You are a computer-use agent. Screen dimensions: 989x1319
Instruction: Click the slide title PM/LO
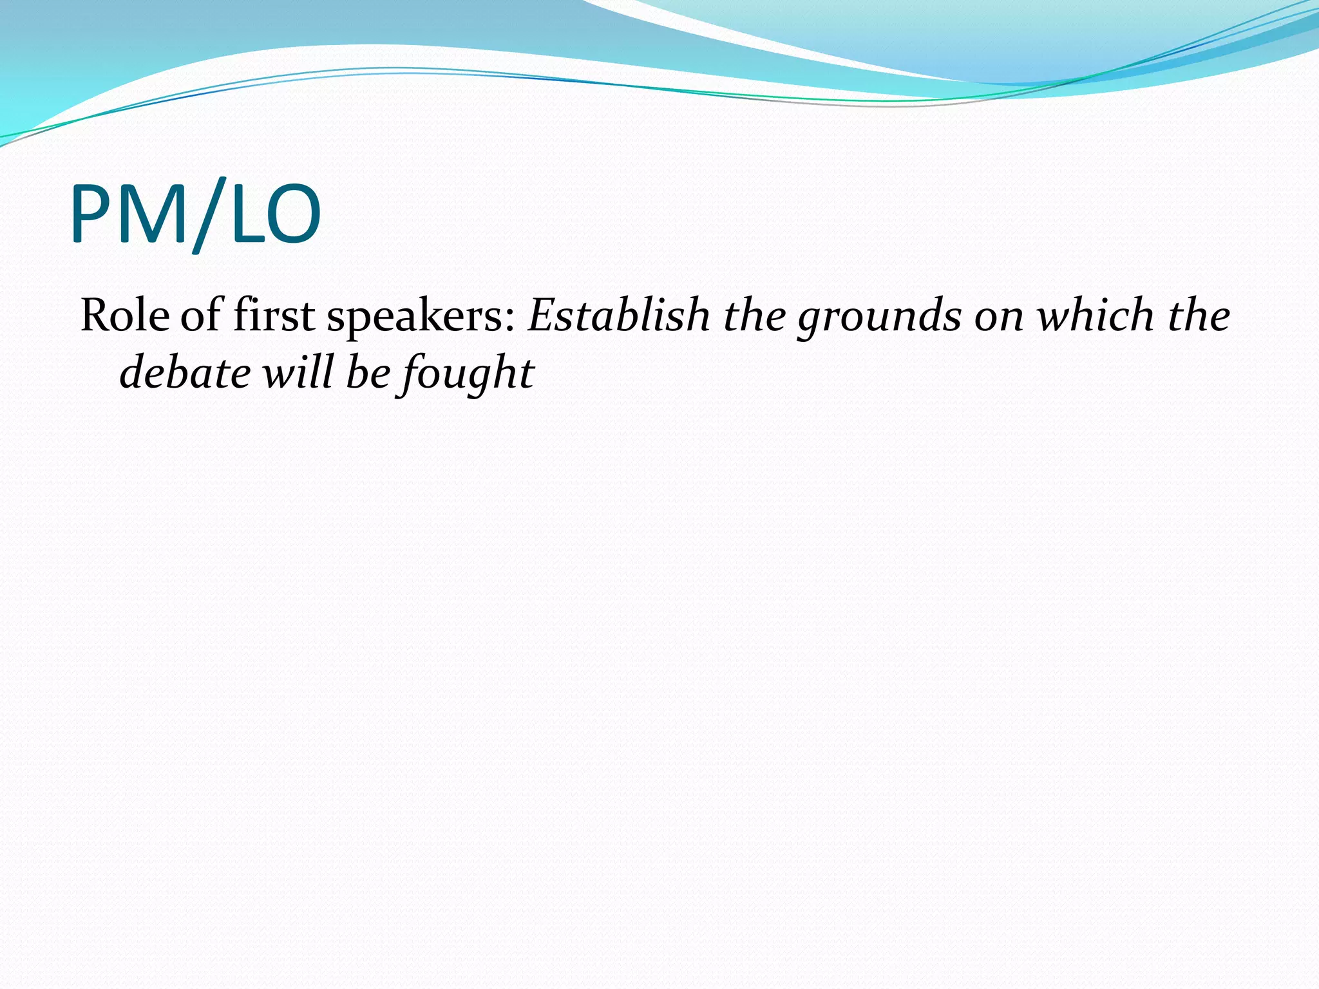[x=195, y=214]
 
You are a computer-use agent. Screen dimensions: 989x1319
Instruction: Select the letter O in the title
[x=291, y=214]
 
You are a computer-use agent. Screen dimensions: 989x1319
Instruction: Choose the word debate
[x=185, y=373]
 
